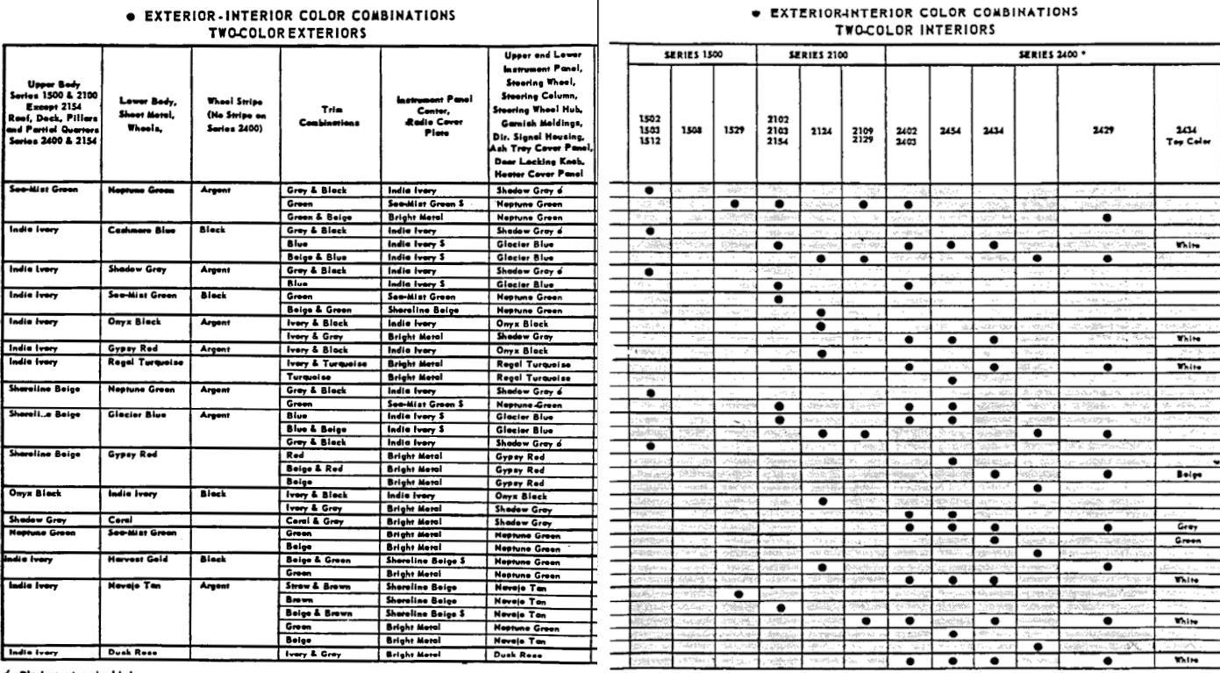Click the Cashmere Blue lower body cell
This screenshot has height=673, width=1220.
pyautogui.click(x=132, y=227)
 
